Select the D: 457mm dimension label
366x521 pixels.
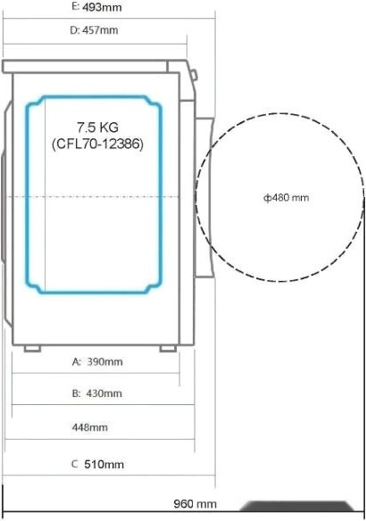pos(94,29)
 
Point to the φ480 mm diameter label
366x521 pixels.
pos(286,198)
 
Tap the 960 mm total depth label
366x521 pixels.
pos(195,505)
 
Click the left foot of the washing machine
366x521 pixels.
pos(31,348)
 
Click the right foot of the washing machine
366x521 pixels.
pos(168,348)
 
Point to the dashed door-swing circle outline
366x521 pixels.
pos(279,113)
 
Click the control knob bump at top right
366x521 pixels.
pos(193,71)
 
